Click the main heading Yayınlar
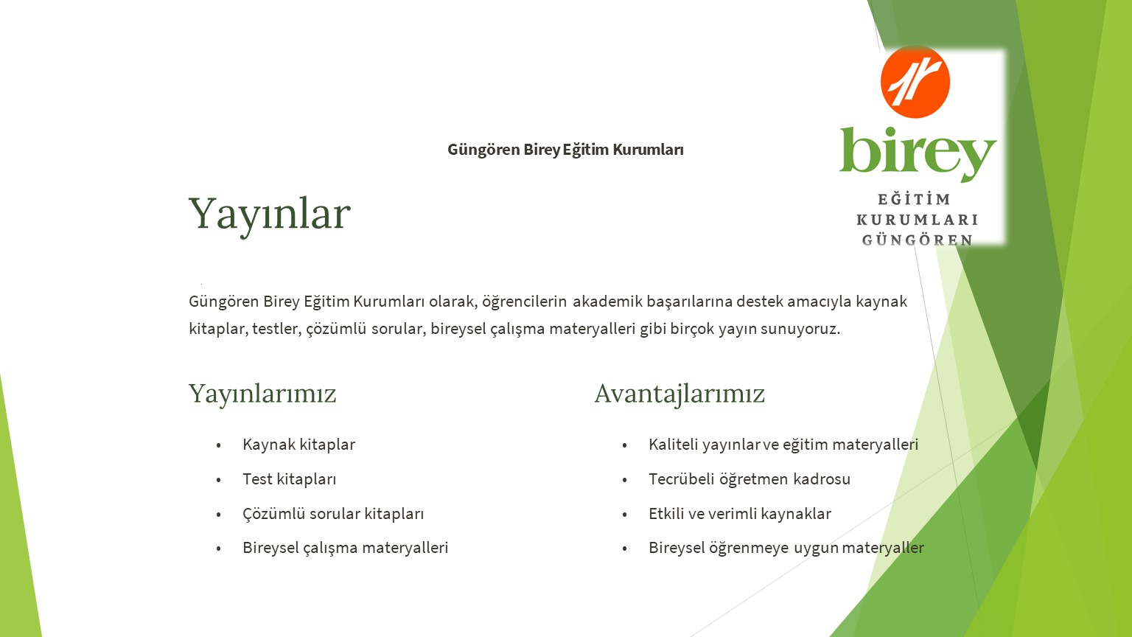pyautogui.click(x=269, y=215)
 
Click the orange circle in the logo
pyautogui.click(x=915, y=82)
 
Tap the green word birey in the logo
pyautogui.click(x=918, y=153)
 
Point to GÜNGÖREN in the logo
pyautogui.click(x=918, y=240)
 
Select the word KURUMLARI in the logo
pyautogui.click(x=918, y=220)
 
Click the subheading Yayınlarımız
pyautogui.click(x=262, y=394)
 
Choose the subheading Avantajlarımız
pyautogui.click(x=679, y=394)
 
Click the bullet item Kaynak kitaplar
pyautogui.click(x=298, y=445)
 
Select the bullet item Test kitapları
pyautogui.click(x=290, y=478)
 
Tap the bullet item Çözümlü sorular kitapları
pyautogui.click(x=333, y=514)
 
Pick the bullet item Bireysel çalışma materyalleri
pyautogui.click(x=345, y=548)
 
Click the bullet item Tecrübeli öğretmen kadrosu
pyautogui.click(x=750, y=478)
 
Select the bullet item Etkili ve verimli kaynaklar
pyautogui.click(x=740, y=514)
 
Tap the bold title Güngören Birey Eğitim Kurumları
pyautogui.click(x=565, y=150)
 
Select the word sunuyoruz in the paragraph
pyautogui.click(x=800, y=329)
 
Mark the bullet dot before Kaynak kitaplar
pyautogui.click(x=218, y=445)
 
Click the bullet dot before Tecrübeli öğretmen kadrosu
pyautogui.click(x=625, y=480)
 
